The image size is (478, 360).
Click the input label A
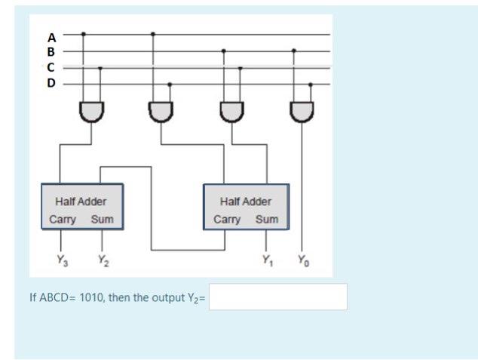(x=51, y=35)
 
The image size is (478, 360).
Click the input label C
(x=51, y=67)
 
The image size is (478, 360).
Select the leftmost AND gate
(x=91, y=111)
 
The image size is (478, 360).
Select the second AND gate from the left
(x=161, y=111)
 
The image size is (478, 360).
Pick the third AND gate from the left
(x=231, y=111)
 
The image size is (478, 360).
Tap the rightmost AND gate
(x=302, y=111)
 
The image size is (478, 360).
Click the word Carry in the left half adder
(x=63, y=220)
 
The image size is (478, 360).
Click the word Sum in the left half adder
(x=102, y=220)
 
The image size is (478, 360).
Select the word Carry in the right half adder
(x=227, y=220)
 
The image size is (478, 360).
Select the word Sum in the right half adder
(x=266, y=220)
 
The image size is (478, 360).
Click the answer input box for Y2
(x=278, y=297)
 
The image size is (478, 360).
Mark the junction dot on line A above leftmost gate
(x=83, y=34)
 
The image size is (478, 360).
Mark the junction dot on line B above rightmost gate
(x=293, y=51)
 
